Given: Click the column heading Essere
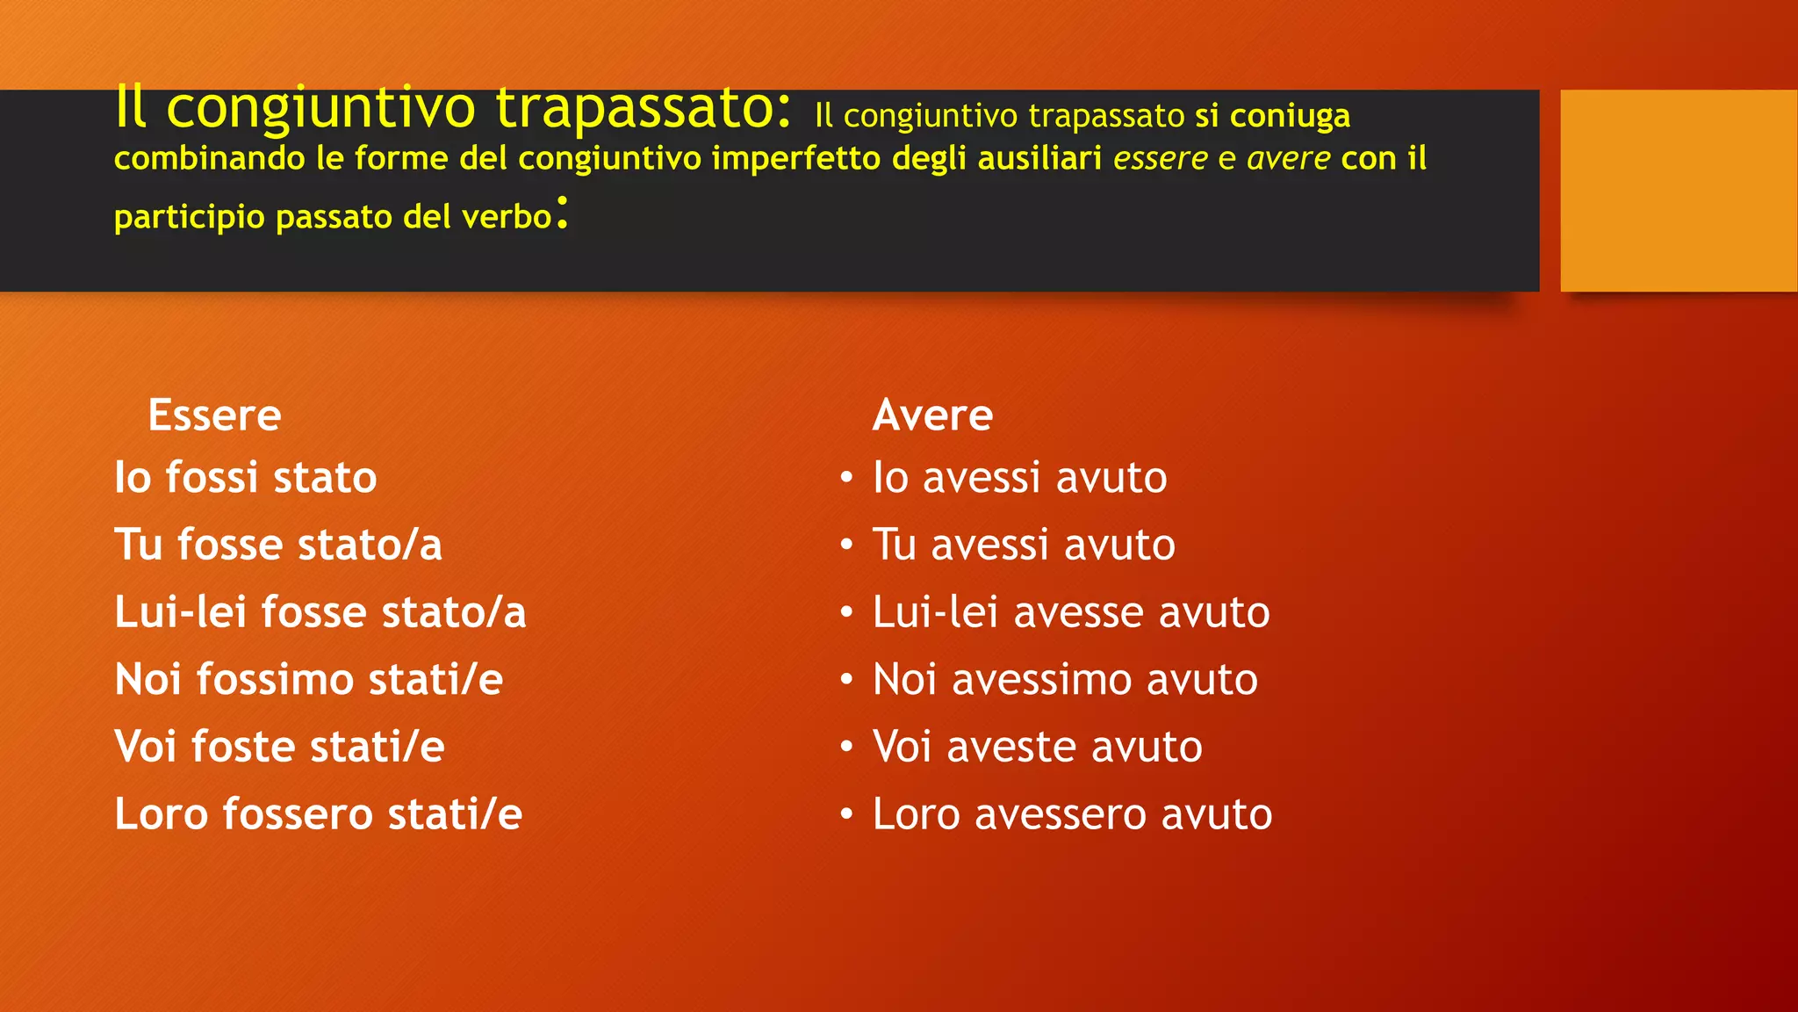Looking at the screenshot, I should [x=214, y=416].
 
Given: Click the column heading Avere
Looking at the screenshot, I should [x=932, y=416].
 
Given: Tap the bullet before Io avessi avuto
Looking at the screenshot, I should [x=846, y=478].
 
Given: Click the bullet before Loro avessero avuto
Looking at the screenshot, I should [x=846, y=814].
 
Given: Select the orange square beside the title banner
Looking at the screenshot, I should [x=1678, y=190].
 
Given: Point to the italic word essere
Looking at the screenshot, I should [x=1161, y=159].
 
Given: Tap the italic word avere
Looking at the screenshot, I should [x=1289, y=159].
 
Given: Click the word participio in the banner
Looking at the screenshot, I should [x=189, y=217].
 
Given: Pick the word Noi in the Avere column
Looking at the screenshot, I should [x=904, y=680].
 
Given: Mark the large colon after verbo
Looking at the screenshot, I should [x=563, y=213].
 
